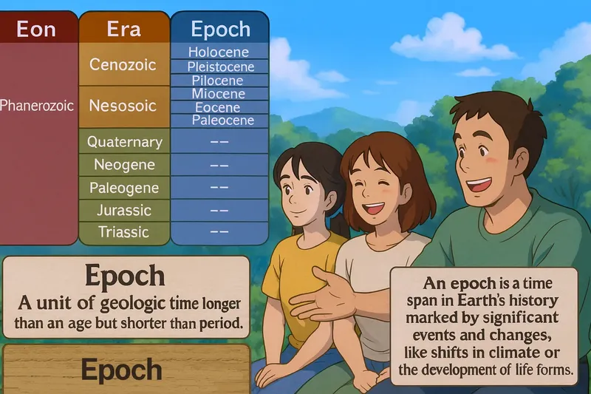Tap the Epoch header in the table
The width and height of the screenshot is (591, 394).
pos(219,30)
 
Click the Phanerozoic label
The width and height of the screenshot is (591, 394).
pos(37,106)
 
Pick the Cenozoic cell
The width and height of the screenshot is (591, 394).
pos(123,64)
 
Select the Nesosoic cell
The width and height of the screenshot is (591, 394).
pos(123,106)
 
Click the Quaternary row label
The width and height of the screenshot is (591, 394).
pos(124,141)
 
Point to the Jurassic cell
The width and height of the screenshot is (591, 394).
pos(123,210)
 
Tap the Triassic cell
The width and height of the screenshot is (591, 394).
pos(123,232)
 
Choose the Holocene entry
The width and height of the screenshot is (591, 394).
pos(219,52)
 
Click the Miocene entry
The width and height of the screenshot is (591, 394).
pos(219,94)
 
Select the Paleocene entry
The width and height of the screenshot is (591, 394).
pos(222,120)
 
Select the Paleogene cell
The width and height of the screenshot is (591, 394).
pos(123,188)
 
